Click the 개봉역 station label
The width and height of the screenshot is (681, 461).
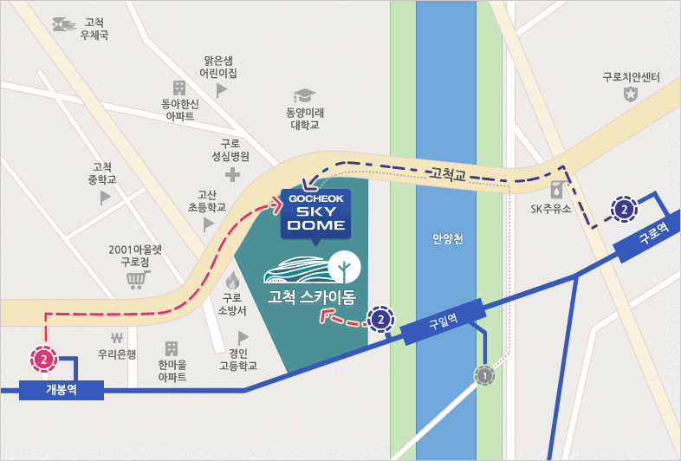pos(61,389)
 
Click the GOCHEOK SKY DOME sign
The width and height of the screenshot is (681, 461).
pos(316,212)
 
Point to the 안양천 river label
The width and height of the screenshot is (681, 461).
pos(446,238)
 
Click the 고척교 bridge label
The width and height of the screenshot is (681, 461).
pos(448,173)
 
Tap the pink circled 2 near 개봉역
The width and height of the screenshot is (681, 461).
pos(43,357)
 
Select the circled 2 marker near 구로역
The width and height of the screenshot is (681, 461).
pos(623,208)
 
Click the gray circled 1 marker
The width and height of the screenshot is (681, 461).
pos(484,375)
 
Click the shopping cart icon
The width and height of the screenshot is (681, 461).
pos(135,279)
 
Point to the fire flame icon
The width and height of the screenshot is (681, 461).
pos(232,280)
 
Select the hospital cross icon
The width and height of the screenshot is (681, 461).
pos(231,174)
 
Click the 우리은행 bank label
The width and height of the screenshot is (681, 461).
pos(114,354)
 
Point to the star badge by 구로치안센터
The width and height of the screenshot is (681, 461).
pos(631,94)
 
